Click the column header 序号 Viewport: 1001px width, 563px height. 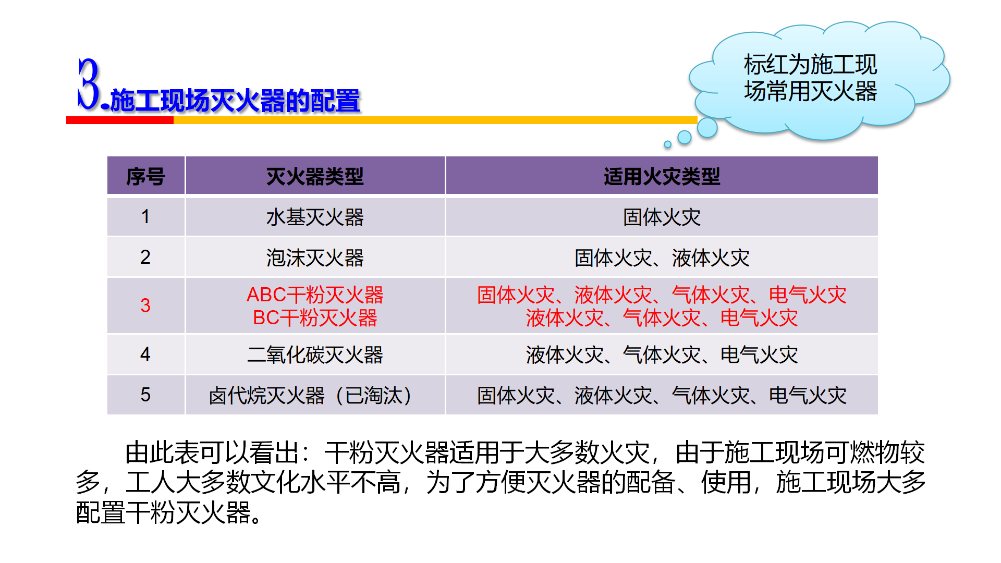click(x=145, y=177)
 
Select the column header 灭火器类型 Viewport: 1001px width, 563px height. click(x=315, y=177)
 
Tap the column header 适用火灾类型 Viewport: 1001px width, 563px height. click(x=662, y=177)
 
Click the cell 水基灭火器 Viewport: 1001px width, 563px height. click(x=315, y=217)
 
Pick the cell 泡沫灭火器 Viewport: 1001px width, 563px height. click(x=315, y=258)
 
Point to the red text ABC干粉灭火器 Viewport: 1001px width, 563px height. click(x=315, y=295)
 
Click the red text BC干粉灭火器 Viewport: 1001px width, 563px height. click(x=315, y=317)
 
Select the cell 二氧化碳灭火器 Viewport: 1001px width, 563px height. click(x=315, y=354)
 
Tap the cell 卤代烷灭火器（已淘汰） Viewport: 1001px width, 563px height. click(x=311, y=395)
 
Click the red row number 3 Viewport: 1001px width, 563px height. click(x=145, y=305)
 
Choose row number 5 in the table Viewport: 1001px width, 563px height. click(x=145, y=395)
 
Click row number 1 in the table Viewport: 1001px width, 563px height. click(x=145, y=216)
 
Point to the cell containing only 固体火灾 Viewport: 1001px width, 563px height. click(x=662, y=217)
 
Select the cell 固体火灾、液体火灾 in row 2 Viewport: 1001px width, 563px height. click(x=662, y=258)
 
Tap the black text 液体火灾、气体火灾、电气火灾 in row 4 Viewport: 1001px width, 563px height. click(x=662, y=354)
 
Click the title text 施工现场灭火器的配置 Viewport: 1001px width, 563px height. click(x=235, y=101)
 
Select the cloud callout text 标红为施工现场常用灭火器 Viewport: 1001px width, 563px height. click(x=810, y=78)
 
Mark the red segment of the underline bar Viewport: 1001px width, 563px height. click(x=120, y=120)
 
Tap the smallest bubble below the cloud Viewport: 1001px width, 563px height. click(x=667, y=144)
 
